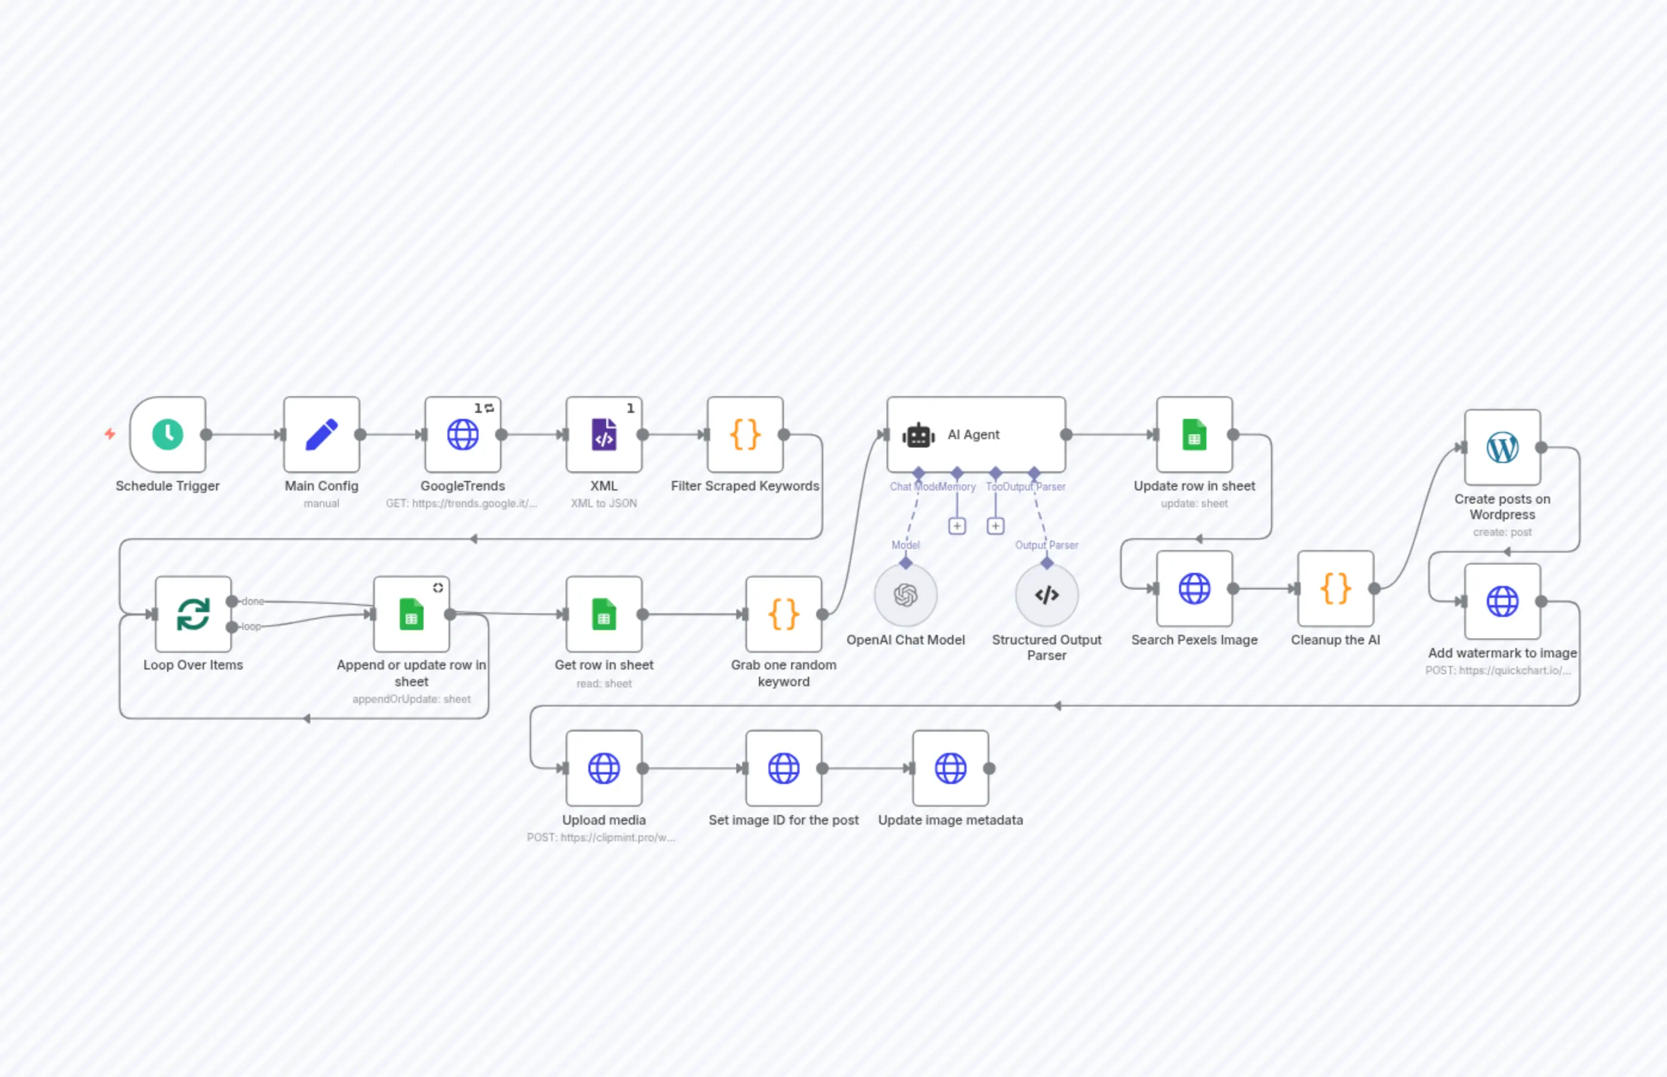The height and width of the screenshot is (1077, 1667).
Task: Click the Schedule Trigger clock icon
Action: [168, 434]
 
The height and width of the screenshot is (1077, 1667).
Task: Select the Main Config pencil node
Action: [322, 434]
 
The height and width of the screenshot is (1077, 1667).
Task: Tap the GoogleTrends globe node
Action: [463, 434]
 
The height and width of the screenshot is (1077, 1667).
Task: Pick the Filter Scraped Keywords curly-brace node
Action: [745, 434]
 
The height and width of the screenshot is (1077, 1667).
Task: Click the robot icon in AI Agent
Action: [918, 435]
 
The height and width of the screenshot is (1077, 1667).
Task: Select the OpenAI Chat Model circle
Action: [906, 595]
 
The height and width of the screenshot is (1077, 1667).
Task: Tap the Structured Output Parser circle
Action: [1046, 595]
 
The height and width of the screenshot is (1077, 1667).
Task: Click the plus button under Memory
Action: [957, 526]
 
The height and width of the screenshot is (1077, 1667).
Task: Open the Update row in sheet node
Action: [1194, 434]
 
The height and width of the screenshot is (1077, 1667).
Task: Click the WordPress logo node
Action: [1503, 448]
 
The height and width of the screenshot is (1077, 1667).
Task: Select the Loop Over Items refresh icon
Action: [193, 614]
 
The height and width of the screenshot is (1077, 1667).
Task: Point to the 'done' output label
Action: [252, 601]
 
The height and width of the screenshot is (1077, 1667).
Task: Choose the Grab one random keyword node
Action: [784, 614]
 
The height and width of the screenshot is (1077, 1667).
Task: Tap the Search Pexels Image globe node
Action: [1194, 588]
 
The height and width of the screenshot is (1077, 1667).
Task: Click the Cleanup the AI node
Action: [1335, 588]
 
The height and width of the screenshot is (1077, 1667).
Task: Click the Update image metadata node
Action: [951, 768]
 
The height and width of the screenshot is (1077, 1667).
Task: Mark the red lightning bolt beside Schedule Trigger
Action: [110, 434]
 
